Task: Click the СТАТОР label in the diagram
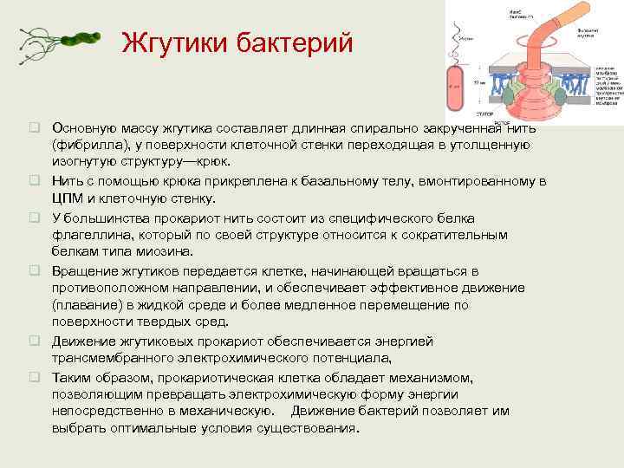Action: (485, 114)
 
